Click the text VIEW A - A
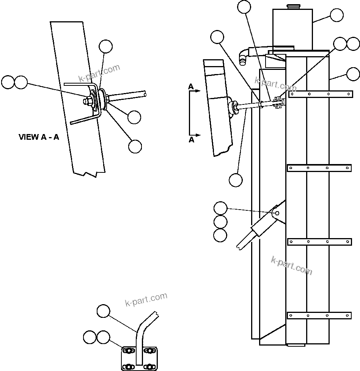coord(39,137)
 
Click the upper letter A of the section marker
coord(191,87)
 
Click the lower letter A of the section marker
coord(192,140)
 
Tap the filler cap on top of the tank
coord(293,6)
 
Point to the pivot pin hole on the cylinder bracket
coord(277,213)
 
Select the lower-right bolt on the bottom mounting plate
coord(151,366)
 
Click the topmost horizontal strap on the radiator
coord(319,93)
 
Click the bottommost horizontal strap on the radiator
coord(319,315)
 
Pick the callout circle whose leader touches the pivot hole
coord(220,208)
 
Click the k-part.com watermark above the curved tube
coord(146,299)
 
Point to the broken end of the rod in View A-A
coord(145,93)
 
